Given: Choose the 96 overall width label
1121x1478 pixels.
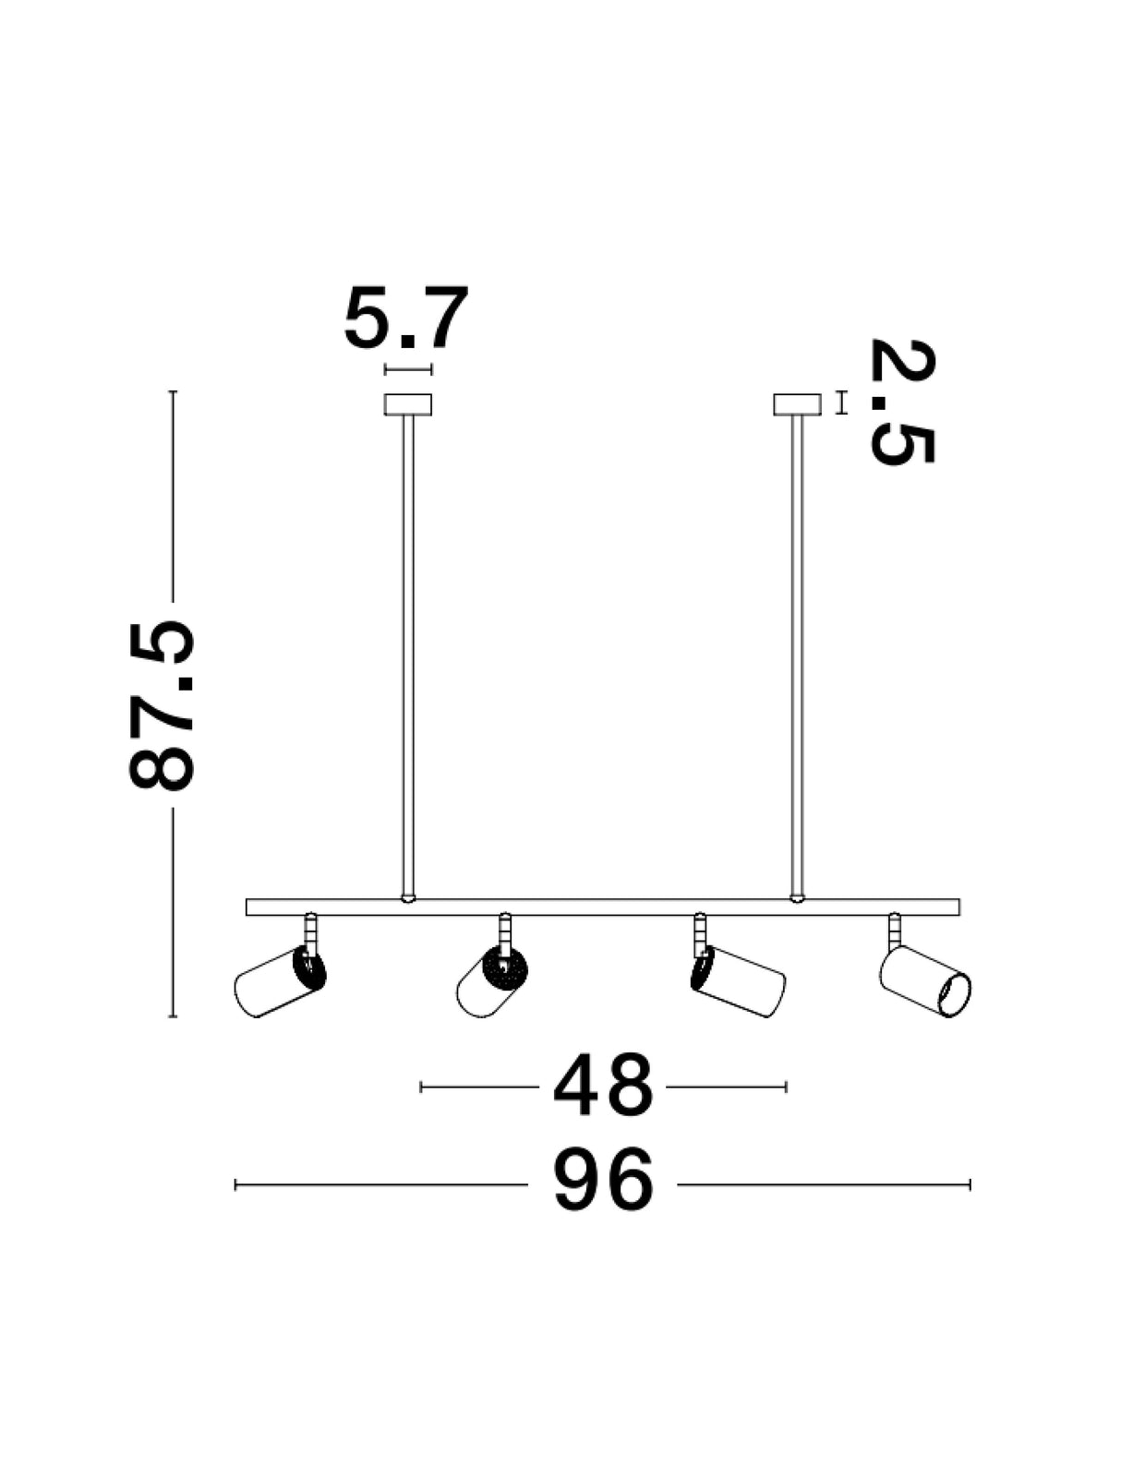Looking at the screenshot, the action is pyautogui.click(x=603, y=1184).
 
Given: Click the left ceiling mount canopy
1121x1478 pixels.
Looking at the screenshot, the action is pyautogui.click(x=407, y=404).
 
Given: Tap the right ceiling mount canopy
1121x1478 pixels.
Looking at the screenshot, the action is pyautogui.click(x=797, y=404).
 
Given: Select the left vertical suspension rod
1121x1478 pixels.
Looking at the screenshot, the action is pyautogui.click(x=407, y=657).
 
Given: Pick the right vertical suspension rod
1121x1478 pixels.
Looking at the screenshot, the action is pyautogui.click(x=797, y=657).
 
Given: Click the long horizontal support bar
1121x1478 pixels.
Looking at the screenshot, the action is pyautogui.click(x=603, y=907).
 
